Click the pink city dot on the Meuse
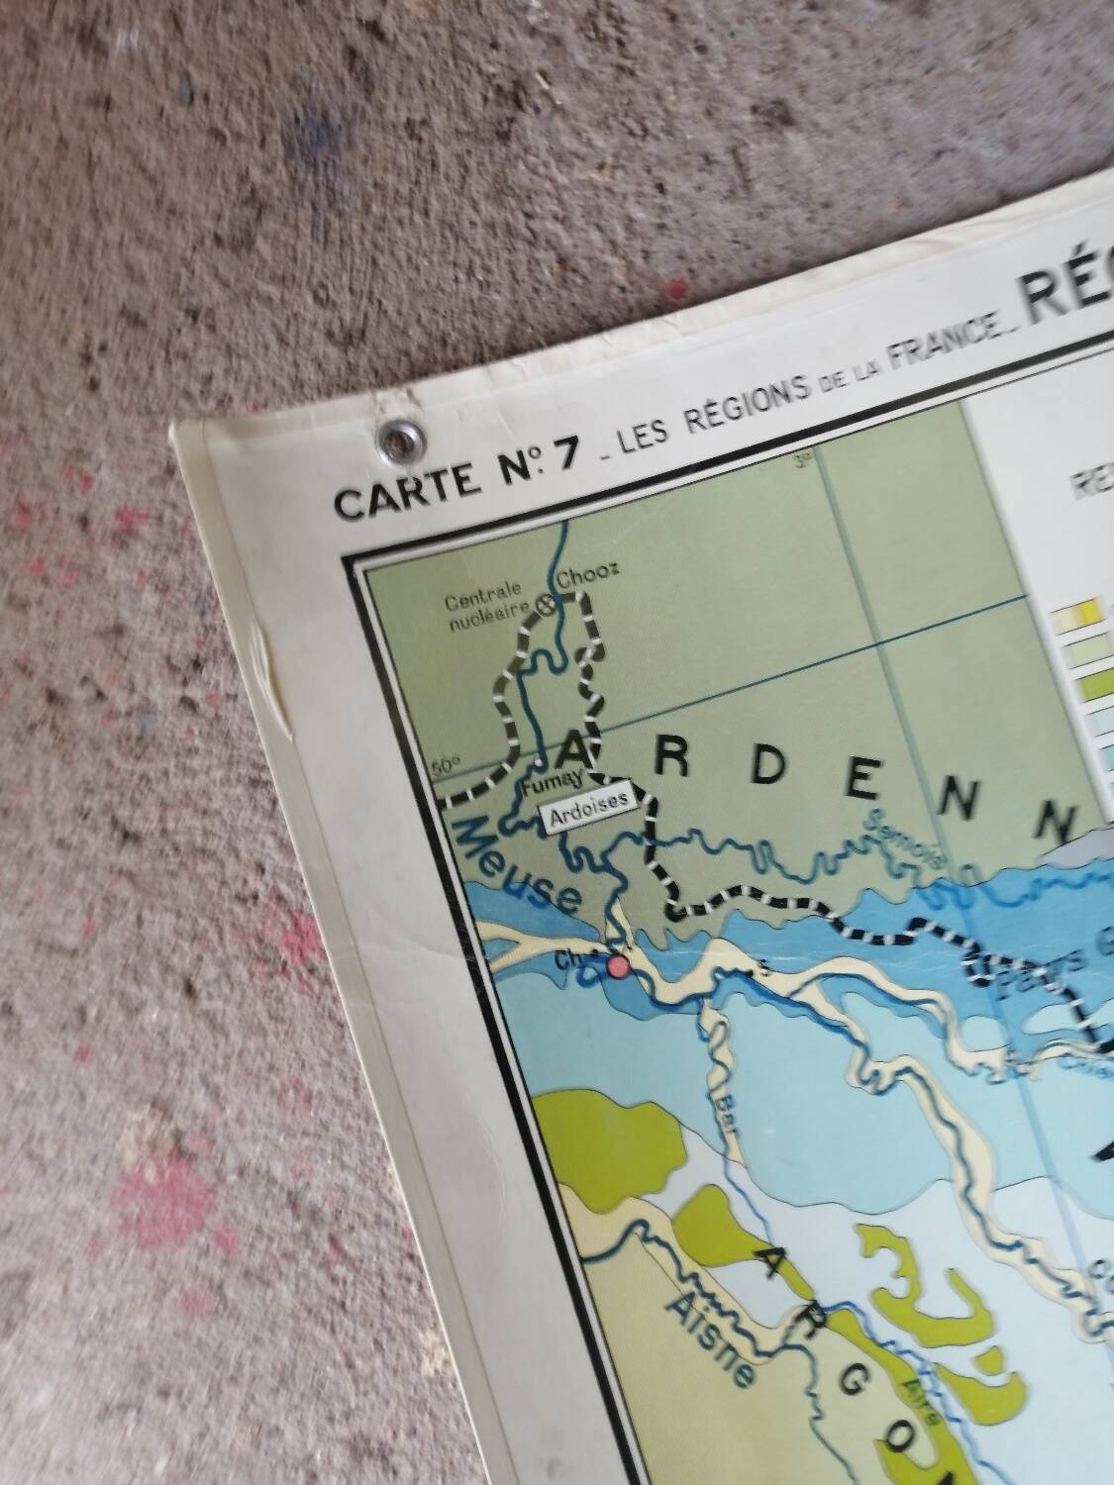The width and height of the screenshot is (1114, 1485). pyautogui.click(x=618, y=965)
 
